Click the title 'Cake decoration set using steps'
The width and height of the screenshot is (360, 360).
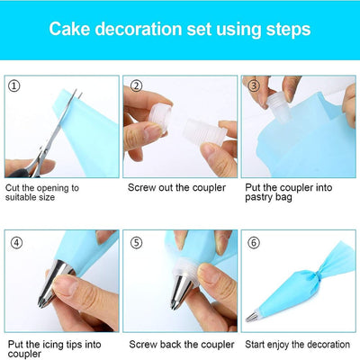[180, 29]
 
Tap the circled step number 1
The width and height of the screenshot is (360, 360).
[14, 86]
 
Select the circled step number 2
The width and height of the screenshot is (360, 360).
[137, 86]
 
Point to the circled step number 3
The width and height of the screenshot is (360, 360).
[256, 86]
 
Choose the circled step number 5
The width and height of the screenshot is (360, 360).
[137, 242]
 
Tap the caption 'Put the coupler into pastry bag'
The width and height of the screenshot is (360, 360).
[296, 193]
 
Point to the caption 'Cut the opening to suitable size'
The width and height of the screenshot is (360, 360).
[41, 193]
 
